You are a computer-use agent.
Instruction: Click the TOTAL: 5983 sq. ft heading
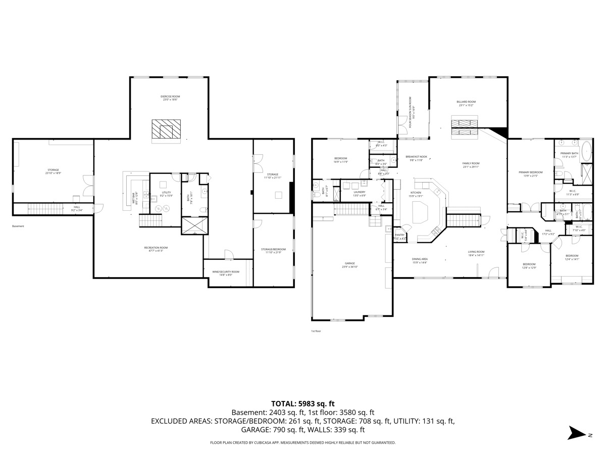tap(302, 403)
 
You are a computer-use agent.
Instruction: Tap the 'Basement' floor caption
tap(18, 226)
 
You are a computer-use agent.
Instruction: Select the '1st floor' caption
tap(316, 331)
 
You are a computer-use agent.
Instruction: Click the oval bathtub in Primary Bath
tap(586, 151)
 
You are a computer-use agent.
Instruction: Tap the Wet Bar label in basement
tap(134, 198)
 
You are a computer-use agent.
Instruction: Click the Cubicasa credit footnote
tap(302, 442)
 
